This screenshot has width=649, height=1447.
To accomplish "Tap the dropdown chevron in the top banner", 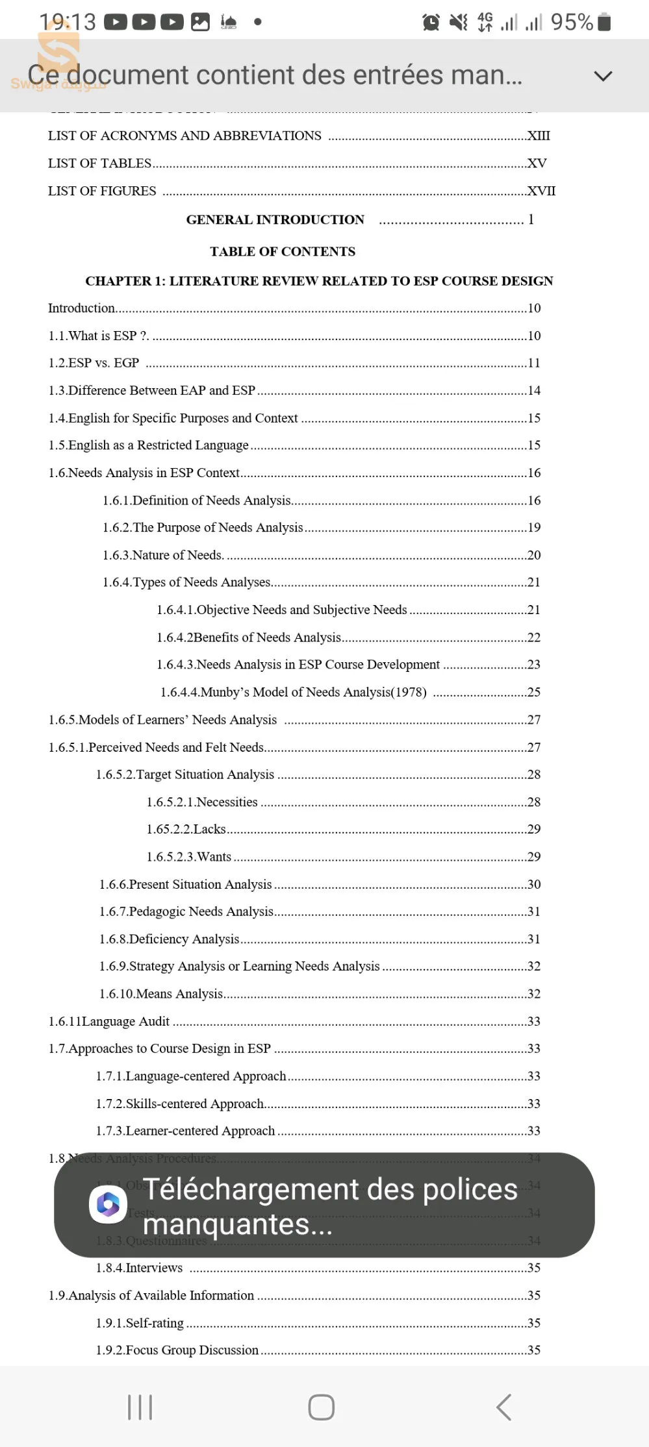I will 603,76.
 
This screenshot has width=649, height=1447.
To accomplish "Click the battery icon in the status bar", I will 604,22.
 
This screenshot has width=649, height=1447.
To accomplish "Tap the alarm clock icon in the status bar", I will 431,23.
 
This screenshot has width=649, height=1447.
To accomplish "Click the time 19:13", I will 67,22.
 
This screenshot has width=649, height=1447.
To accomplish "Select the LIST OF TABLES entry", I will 99,164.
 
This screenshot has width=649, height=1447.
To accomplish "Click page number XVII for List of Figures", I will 541,191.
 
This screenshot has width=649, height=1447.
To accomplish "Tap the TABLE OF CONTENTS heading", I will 283,251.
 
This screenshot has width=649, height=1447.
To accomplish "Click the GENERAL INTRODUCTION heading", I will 275,219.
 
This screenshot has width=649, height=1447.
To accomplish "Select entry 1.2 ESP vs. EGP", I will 94,363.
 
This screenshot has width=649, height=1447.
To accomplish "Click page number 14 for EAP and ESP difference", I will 534,390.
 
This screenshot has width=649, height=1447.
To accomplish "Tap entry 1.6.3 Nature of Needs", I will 163,555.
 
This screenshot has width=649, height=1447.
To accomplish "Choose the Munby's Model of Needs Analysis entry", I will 294,692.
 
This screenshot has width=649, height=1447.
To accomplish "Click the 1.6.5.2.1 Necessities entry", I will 202,802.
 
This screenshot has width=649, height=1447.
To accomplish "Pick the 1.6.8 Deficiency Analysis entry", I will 169,939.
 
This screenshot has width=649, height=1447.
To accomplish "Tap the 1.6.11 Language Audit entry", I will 109,1021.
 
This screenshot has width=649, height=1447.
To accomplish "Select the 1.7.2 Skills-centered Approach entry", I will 180,1104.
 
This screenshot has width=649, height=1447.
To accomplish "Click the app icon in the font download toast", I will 108,1205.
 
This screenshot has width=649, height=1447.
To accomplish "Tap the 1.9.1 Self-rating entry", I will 140,1322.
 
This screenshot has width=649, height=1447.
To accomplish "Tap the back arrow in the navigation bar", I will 503,1407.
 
